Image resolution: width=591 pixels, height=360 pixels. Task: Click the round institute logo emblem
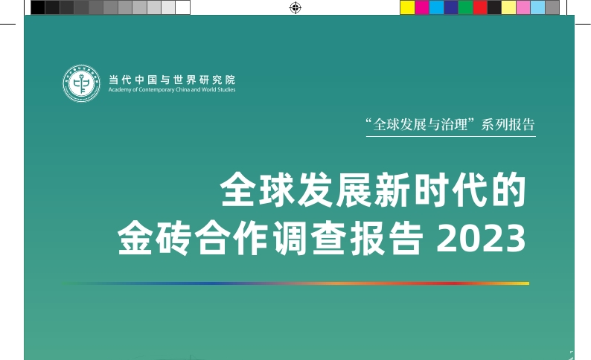click(81, 83)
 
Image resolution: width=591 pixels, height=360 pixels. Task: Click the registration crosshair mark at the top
click(295, 7)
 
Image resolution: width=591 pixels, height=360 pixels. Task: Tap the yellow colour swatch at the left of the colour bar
click(407, 7)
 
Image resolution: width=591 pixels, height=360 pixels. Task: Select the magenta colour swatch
click(422, 7)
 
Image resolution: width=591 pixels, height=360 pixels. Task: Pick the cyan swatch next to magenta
click(436, 7)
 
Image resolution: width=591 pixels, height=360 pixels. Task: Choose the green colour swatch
click(465, 7)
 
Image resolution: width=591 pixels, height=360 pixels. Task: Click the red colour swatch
click(480, 7)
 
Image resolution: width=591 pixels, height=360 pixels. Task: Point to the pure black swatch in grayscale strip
click(38, 7)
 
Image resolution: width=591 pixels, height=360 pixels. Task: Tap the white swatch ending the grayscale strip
click(183, 7)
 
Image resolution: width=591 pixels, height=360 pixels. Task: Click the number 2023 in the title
click(481, 238)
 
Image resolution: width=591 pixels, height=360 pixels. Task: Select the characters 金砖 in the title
click(155, 238)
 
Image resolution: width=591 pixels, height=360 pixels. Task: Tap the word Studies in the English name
click(226, 89)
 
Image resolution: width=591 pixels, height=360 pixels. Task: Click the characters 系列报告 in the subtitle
click(508, 125)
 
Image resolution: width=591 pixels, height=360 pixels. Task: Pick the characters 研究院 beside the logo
click(218, 80)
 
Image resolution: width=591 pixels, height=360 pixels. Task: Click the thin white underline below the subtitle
click(451, 136)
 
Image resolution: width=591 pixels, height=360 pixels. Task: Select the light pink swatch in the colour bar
click(523, 7)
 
